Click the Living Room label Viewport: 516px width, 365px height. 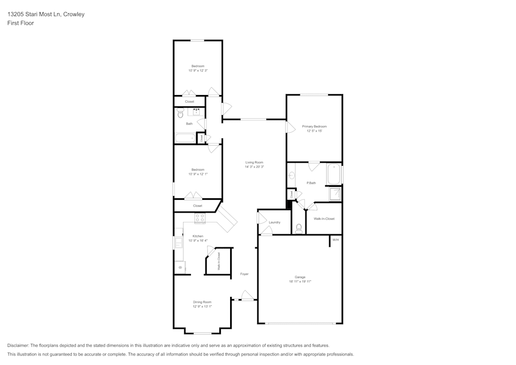[254, 163]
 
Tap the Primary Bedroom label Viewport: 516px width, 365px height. [314, 126]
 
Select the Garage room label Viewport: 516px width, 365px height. [300, 277]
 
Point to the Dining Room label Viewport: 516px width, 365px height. [202, 302]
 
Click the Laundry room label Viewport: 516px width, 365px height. [275, 223]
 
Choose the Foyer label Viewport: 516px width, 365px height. [244, 274]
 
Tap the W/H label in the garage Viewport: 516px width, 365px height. [335, 240]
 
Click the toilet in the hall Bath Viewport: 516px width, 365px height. [180, 113]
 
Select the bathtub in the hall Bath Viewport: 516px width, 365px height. [185, 138]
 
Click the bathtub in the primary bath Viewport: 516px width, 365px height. [334, 174]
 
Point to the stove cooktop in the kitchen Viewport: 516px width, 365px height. [200, 219]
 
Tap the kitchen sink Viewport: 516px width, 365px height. [179, 243]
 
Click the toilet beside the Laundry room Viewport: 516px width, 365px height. [299, 227]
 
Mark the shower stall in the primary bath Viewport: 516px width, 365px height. [335, 194]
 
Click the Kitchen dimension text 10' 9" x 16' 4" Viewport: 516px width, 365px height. [198, 241]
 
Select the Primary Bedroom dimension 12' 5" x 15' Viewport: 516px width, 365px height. [314, 131]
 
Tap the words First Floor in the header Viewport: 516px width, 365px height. [21, 23]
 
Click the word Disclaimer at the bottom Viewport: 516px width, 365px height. [18, 345]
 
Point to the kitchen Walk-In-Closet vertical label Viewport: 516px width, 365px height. [219, 261]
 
